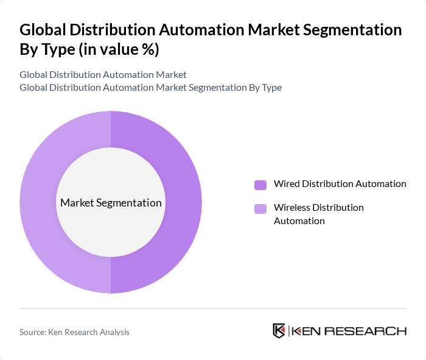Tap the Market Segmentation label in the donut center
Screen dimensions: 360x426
pos(111,203)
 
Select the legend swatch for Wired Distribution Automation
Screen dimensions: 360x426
pos(260,185)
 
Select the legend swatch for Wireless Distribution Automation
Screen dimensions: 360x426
pos(260,209)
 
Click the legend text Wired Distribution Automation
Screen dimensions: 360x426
pos(340,183)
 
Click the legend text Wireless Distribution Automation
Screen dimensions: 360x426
pos(319,214)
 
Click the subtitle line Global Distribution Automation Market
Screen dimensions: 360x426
pos(103,75)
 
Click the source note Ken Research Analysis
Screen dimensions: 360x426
pos(90,332)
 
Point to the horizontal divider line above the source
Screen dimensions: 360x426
pos(213,308)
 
